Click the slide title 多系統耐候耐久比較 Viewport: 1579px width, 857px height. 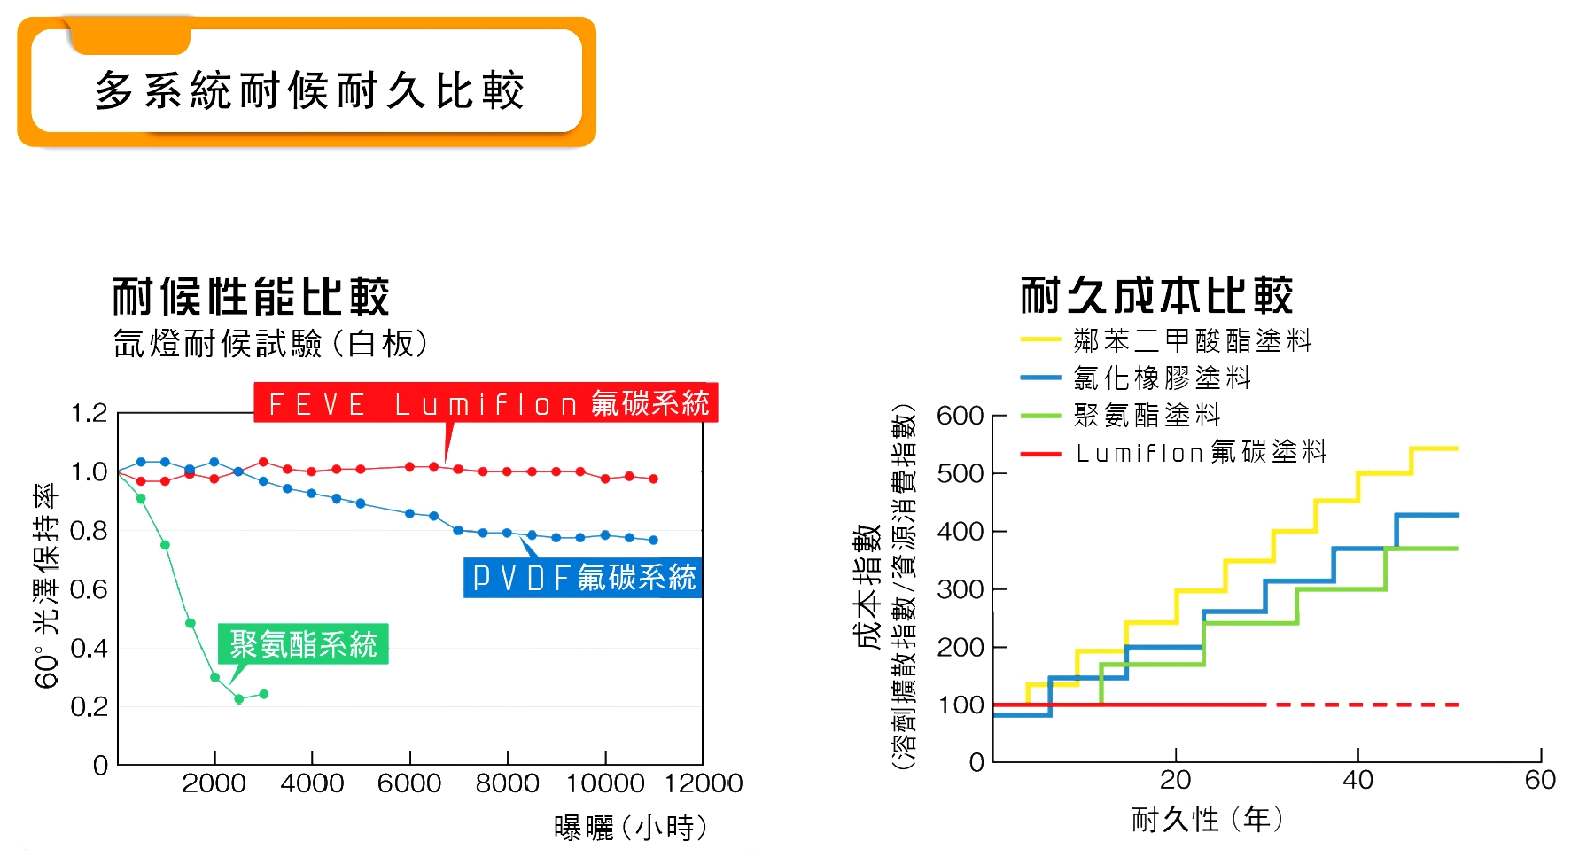(309, 90)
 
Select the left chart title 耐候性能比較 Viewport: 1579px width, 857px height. (251, 296)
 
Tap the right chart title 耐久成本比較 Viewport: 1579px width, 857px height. (1156, 295)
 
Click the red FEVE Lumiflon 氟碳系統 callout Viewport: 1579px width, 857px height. (486, 402)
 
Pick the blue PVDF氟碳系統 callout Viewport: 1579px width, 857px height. (583, 578)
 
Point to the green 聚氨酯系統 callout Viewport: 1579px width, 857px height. (303, 644)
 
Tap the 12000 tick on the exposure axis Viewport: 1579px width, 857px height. (704, 783)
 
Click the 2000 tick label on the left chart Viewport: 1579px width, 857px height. (214, 783)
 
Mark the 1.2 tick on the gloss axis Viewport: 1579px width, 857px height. (89, 413)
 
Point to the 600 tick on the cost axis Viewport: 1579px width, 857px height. (961, 416)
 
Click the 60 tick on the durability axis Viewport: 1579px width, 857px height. (1540, 780)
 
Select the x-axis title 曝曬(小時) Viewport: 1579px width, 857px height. (631, 828)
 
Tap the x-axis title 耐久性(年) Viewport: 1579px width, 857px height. (1207, 819)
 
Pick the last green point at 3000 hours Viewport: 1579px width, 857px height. (263, 694)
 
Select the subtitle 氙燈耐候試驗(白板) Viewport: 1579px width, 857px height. (271, 344)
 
